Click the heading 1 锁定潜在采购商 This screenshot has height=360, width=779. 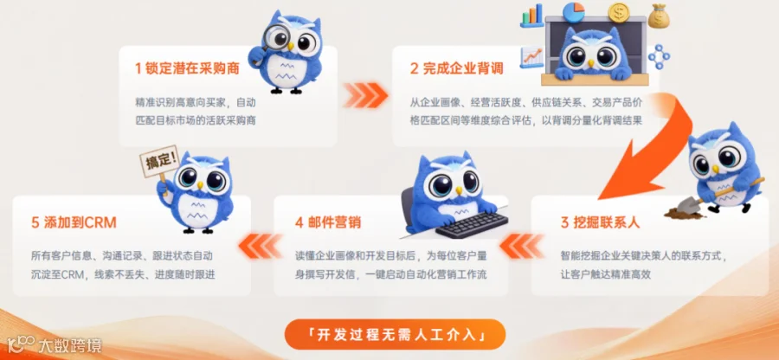[187, 69]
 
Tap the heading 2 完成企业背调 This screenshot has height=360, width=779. [457, 69]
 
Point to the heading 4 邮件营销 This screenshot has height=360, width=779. [328, 222]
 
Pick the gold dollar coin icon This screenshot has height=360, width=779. [619, 13]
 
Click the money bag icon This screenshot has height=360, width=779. [659, 16]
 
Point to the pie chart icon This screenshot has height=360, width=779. [574, 12]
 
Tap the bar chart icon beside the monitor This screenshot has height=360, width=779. [531, 16]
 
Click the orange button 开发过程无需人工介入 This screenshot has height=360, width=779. [395, 334]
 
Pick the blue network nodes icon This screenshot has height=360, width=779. [660, 56]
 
